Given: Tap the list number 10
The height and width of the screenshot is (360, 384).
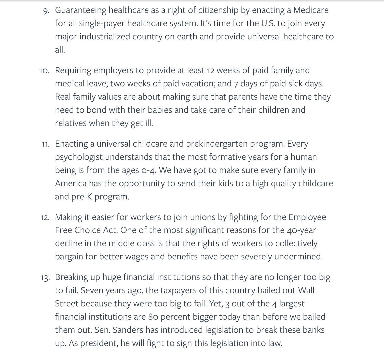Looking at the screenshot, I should [x=44, y=71].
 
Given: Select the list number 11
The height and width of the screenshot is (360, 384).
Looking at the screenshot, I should [x=45, y=144].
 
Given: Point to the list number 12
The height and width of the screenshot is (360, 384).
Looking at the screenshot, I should [x=45, y=217].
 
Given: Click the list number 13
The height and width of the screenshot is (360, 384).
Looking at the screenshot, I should [x=45, y=277].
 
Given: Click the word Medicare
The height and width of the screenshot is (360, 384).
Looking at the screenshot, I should [x=311, y=10].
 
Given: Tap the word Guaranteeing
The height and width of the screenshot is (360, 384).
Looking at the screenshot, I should [x=80, y=10].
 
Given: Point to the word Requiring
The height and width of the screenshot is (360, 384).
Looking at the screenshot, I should [x=73, y=70].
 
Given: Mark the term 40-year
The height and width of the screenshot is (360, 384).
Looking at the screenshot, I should [x=301, y=230].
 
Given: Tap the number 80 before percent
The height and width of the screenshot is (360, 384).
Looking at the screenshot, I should [x=153, y=317].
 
